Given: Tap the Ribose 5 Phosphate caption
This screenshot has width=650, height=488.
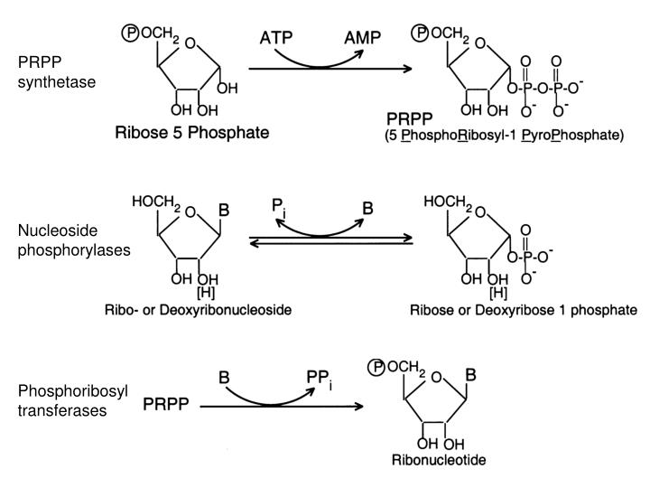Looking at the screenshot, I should [192, 132].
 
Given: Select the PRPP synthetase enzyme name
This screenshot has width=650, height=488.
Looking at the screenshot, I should [56, 73].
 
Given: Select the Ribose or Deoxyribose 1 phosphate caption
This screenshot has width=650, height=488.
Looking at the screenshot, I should [524, 310].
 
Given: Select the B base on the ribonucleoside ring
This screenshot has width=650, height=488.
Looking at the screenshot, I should [224, 210].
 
